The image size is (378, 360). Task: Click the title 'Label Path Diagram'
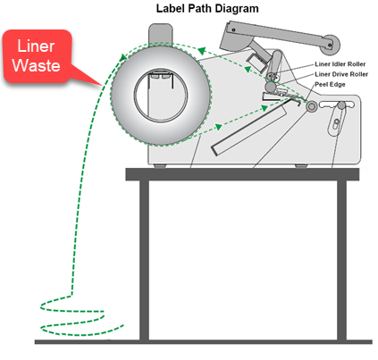click(x=207, y=8)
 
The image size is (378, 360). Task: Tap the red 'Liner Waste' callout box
click(x=38, y=56)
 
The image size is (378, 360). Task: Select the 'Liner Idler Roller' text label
click(x=340, y=64)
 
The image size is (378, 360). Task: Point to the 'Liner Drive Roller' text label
click(x=341, y=74)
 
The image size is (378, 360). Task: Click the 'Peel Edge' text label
click(x=330, y=84)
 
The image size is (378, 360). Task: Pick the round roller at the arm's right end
click(x=331, y=45)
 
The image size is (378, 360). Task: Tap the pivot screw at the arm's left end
click(x=233, y=29)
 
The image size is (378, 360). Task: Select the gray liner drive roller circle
click(x=271, y=87)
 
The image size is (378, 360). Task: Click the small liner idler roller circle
click(x=272, y=77)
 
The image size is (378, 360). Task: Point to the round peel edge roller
click(x=311, y=106)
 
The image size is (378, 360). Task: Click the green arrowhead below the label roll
click(x=219, y=127)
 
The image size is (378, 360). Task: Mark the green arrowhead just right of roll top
click(x=202, y=51)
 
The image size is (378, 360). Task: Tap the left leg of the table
click(x=144, y=260)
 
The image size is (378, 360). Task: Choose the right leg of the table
click(x=341, y=260)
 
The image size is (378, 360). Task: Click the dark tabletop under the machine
click(x=242, y=174)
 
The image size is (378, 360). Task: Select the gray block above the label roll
click(x=160, y=34)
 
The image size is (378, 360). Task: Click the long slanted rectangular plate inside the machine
click(x=249, y=127)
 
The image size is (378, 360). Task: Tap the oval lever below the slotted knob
click(x=337, y=121)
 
